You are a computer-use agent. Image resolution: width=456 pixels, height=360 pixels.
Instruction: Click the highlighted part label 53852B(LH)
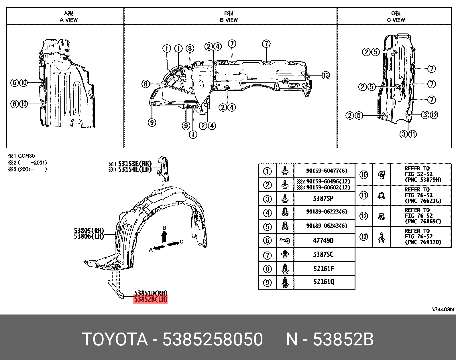pyautogui.click(x=150, y=299)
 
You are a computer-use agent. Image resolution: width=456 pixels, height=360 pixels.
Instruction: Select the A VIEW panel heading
pyautogui.click(x=68, y=17)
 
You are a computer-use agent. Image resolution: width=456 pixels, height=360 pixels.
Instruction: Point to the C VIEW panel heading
pyautogui.click(x=396, y=17)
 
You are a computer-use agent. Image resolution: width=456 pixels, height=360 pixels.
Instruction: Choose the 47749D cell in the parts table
pyautogui.click(x=323, y=241)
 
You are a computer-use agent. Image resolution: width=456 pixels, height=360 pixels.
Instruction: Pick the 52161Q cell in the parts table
pyautogui.click(x=324, y=282)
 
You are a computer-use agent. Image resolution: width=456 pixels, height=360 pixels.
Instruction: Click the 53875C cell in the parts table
pyautogui.click(x=323, y=254)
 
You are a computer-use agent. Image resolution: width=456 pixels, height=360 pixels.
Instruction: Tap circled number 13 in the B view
pyautogui.click(x=326, y=75)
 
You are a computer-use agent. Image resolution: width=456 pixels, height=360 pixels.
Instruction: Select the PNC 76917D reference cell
pyautogui.click(x=423, y=237)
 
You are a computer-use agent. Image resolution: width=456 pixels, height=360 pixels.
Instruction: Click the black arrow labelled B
pyautogui.click(x=164, y=237)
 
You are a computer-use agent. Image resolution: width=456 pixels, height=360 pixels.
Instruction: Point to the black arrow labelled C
pyautogui.click(x=173, y=244)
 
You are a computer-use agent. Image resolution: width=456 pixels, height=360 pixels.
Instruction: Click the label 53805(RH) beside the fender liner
pyautogui.click(x=89, y=231)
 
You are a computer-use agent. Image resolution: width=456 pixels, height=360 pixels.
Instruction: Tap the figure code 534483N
pyautogui.click(x=443, y=309)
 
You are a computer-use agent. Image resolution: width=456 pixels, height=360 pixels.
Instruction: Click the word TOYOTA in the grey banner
pyautogui.click(x=115, y=339)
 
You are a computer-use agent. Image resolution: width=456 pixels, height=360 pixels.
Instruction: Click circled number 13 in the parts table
pyautogui.click(x=364, y=237)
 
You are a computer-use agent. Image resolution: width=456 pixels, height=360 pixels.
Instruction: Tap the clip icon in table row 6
pyautogui.click(x=285, y=241)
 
